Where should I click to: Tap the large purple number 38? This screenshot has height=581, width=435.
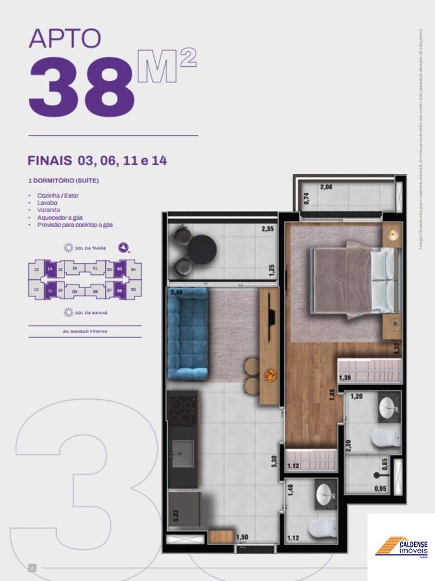click(81, 87)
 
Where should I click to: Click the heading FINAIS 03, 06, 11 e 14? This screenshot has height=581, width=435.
click(97, 161)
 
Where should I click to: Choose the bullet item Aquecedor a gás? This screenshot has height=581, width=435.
click(60, 217)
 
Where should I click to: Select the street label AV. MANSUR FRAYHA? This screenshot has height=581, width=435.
click(85, 332)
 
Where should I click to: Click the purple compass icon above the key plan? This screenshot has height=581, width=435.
click(123, 248)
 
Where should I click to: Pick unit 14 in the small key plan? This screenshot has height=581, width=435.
click(51, 269)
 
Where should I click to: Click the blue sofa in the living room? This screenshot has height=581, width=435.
click(186, 333)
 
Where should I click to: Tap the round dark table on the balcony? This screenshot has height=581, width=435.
click(202, 250)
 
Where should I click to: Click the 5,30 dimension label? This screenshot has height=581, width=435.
click(274, 461)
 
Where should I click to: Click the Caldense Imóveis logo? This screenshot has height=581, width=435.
click(401, 547)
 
